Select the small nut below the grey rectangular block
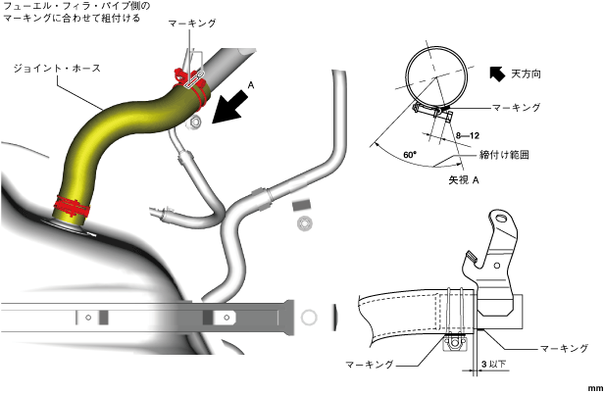[x=305, y=223]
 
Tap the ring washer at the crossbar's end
[x=308, y=318]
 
